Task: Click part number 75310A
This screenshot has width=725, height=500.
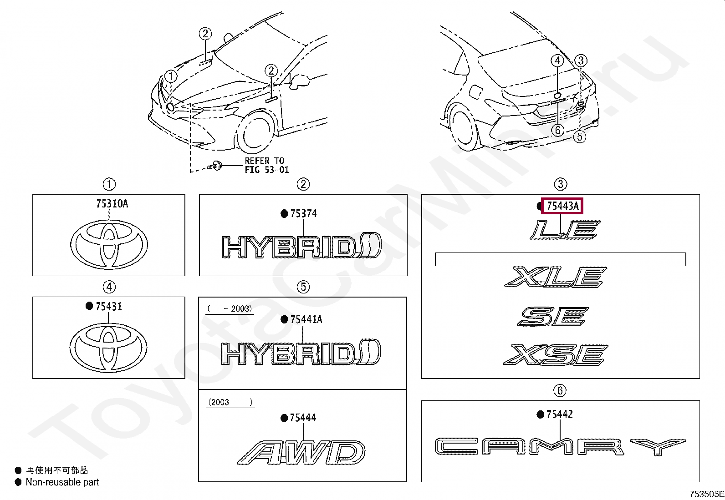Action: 112,204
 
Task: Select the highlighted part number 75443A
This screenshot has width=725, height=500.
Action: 562,206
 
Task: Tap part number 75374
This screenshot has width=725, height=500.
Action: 303,213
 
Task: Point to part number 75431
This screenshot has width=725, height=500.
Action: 108,307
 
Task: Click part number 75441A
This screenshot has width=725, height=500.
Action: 306,319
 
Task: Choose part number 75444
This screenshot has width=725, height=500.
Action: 303,418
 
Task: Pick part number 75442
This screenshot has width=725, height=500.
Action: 559,414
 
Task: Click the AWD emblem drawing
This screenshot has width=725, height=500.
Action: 301,452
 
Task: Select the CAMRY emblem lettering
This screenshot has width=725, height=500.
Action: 560,446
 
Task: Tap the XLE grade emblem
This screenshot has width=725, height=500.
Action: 556,277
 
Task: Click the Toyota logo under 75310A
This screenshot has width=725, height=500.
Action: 109,244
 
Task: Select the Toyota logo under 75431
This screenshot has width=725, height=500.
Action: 109,347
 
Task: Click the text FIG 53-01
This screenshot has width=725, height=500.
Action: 266,170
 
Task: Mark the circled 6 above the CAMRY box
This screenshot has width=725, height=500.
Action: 560,390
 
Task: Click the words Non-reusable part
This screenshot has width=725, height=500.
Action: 62,482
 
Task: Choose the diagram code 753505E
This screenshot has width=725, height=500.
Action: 706,494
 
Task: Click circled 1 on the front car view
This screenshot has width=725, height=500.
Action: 171,76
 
